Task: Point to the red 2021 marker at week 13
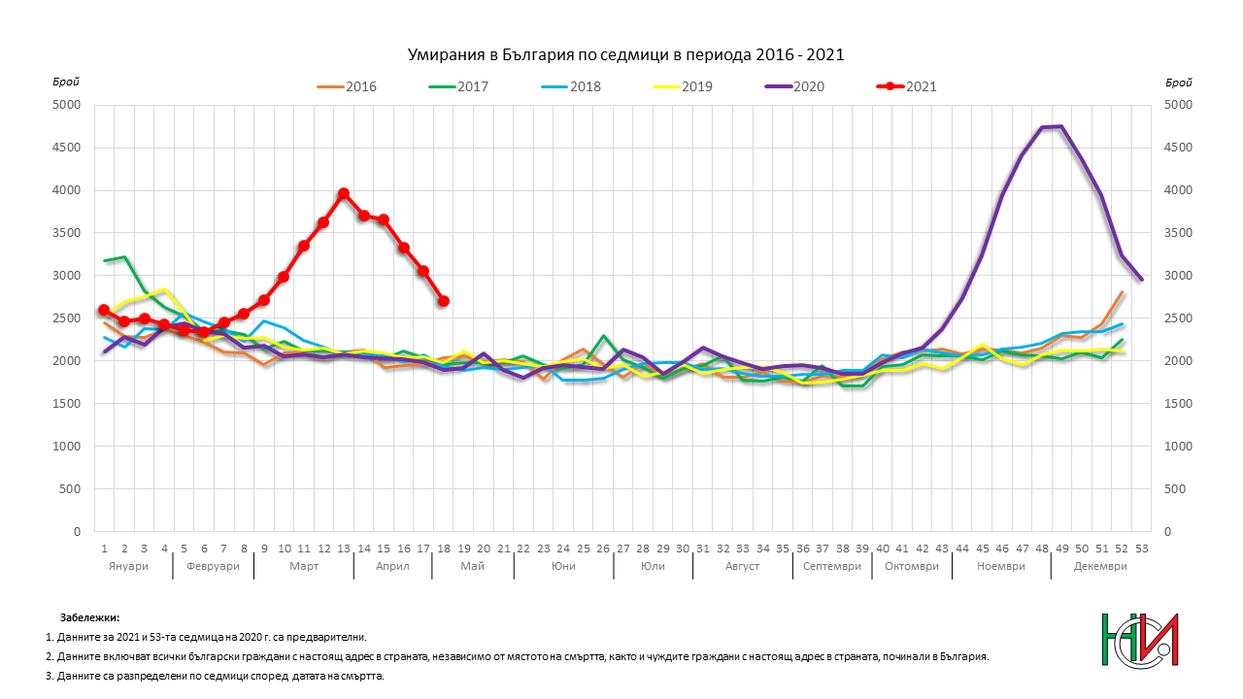pyautogui.click(x=344, y=194)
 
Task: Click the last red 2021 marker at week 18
pyautogui.click(x=444, y=301)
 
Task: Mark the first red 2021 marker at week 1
pyautogui.click(x=104, y=310)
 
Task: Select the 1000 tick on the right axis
pyautogui.click(x=1173, y=447)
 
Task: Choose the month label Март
pyautogui.click(x=304, y=566)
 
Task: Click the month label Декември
pyautogui.click(x=1100, y=566)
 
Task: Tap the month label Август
pyautogui.click(x=742, y=566)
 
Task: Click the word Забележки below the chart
pyautogui.click(x=89, y=616)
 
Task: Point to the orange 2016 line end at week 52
pyautogui.click(x=1122, y=292)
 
